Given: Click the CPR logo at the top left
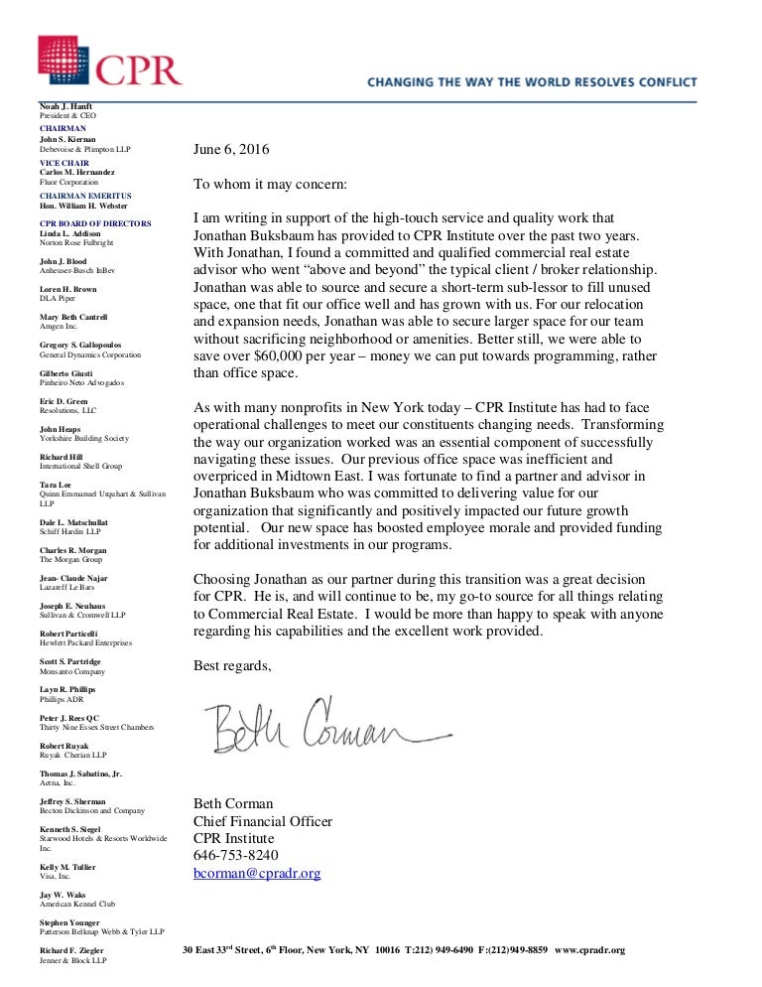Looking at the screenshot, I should click(109, 62).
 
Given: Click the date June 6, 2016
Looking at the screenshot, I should click(230, 150).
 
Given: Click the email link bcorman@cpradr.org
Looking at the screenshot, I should click(256, 873).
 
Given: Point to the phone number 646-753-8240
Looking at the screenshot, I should click(235, 855).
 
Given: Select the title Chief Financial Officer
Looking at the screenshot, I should click(262, 821).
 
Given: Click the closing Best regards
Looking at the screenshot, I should click(231, 664).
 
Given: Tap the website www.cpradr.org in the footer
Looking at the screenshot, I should click(590, 950).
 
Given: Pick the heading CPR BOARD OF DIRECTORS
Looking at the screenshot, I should click(95, 223).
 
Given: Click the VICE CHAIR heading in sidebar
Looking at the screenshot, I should click(63, 162).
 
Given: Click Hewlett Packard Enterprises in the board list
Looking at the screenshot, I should click(84, 642).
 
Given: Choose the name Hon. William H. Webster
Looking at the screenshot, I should click(83, 205).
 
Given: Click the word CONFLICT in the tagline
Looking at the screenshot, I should click(661, 82).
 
